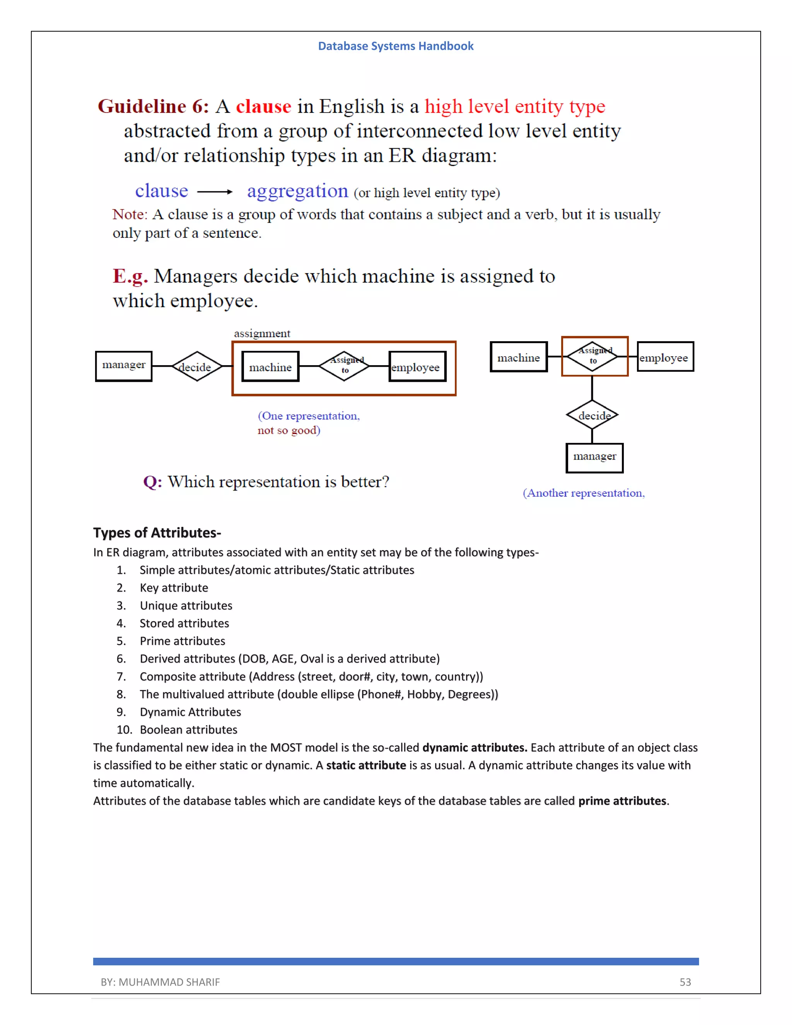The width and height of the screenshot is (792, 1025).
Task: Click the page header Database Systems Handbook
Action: tap(396, 46)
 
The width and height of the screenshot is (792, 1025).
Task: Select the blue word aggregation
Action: tap(297, 191)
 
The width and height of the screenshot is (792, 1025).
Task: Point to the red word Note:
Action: tap(130, 215)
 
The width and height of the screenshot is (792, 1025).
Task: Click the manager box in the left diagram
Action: tap(123, 366)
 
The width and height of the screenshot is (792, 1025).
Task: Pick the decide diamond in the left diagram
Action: tap(196, 367)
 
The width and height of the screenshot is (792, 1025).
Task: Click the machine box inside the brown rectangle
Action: tap(270, 367)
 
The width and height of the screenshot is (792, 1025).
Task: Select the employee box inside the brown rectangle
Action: tap(416, 367)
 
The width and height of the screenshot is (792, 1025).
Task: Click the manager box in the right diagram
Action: tap(594, 457)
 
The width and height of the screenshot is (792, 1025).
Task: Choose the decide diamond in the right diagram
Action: tap(592, 415)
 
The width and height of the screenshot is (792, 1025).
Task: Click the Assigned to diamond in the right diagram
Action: tap(593, 356)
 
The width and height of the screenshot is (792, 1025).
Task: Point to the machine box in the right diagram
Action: tap(519, 357)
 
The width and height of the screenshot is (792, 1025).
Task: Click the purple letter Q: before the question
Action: tap(152, 482)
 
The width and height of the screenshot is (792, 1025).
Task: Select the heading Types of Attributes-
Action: tap(157, 533)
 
